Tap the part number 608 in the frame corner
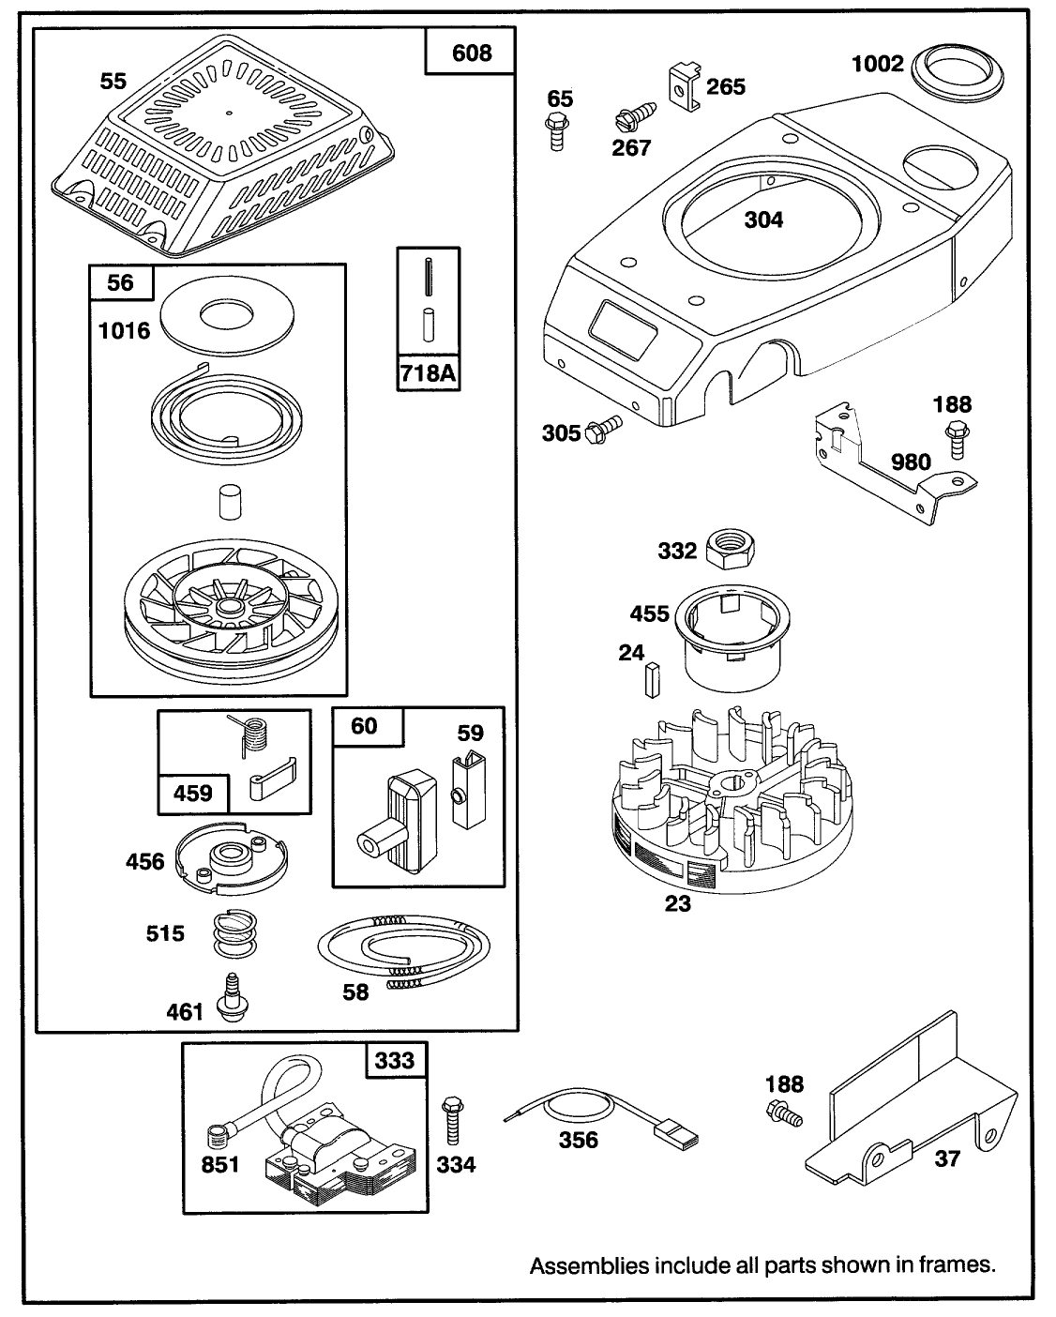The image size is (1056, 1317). [x=472, y=53]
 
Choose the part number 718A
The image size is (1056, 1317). [x=428, y=372]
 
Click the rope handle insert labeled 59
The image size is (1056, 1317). [x=468, y=787]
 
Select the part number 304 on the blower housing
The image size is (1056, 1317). [x=763, y=219]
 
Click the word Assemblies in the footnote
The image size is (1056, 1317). [x=589, y=1265]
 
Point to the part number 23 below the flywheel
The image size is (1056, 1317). [x=677, y=903]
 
